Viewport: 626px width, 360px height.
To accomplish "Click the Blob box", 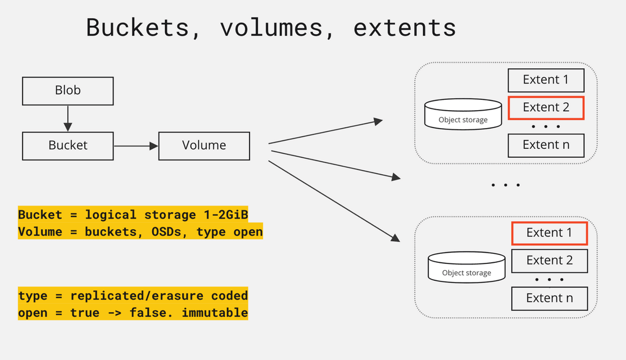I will tap(67, 90).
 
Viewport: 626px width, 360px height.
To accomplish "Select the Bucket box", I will tap(67, 145).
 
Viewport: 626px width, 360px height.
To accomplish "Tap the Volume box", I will tap(204, 145).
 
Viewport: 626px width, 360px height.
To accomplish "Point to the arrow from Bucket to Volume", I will tap(136, 146).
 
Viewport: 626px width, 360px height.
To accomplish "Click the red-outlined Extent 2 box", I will tap(546, 107).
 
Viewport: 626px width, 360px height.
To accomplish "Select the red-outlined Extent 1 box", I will tap(549, 233).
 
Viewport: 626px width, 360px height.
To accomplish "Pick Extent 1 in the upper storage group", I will tap(546, 80).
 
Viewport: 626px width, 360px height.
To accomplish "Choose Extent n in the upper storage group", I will tap(546, 145).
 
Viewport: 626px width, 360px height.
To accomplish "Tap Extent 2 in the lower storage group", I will tap(549, 261).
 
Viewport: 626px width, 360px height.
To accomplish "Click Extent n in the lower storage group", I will tap(549, 298).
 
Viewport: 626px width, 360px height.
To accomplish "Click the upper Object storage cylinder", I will tap(462, 113).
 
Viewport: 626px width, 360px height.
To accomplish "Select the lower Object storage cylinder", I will tap(466, 266).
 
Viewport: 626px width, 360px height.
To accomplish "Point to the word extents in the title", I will tap(404, 28).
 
